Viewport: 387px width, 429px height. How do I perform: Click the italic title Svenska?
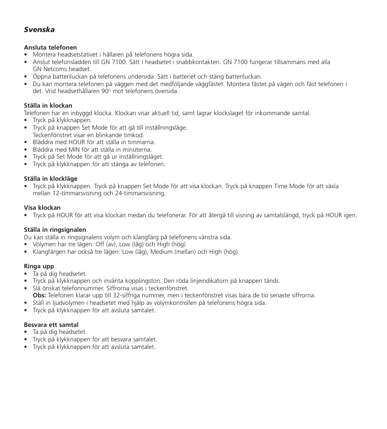pyautogui.click(x=40, y=30)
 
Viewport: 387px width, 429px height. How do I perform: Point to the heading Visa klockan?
pyautogui.click(x=43, y=208)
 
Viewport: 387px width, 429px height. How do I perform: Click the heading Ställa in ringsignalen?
pyautogui.click(x=55, y=230)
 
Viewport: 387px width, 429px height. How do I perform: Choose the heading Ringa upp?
pyautogui.click(x=39, y=266)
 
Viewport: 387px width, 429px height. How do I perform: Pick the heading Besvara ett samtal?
pyautogui.click(x=51, y=325)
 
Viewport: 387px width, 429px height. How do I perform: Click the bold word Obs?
pyautogui.click(x=40, y=295)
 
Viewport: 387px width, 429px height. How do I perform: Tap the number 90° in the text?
pyautogui.click(x=106, y=91)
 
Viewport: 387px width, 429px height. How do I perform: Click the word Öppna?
pyautogui.click(x=43, y=77)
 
